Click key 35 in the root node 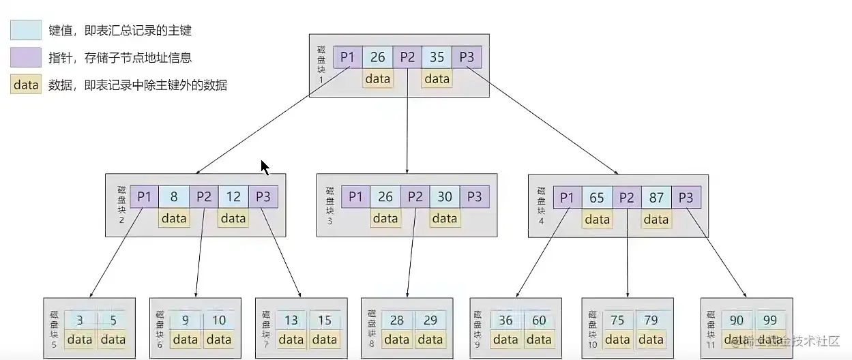tap(437, 58)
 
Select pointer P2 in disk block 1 tap(407, 58)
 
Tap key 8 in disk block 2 tap(174, 197)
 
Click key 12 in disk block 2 tap(233, 197)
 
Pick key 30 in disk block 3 tap(445, 197)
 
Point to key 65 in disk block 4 tap(597, 198)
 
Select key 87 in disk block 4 tap(656, 198)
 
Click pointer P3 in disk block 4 tap(686, 198)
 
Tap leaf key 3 tap(80, 320)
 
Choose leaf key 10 tap(219, 320)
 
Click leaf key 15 tap(325, 320)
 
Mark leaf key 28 tap(397, 320)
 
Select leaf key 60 tap(539, 320)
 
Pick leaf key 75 tap(617, 320)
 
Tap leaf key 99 tap(770, 320)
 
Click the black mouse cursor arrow tap(265, 168)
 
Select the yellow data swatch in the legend tap(26, 85)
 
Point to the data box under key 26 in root tap(377, 79)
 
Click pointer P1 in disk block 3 tap(355, 197)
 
